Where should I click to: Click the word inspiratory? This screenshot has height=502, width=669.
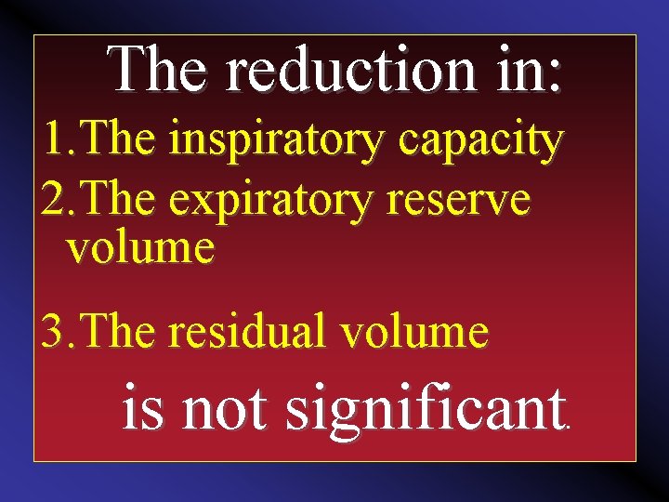point(278,141)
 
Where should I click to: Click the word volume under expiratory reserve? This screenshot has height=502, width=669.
point(140,248)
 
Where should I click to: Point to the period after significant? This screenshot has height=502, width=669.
point(569,429)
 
